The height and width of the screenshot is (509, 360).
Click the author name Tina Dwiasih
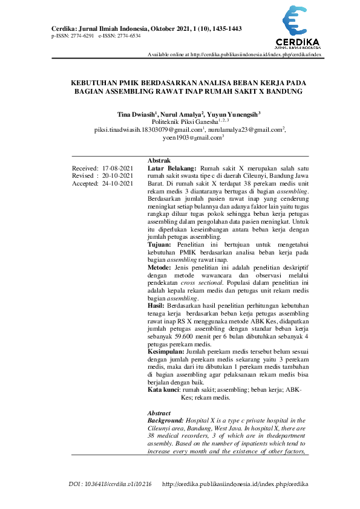136,114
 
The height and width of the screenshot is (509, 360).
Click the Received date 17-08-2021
118,168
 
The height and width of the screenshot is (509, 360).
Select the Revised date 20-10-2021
118,176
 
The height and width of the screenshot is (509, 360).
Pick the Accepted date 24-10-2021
118,184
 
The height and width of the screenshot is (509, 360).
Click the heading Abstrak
159,160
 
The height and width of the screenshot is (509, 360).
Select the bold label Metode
160,267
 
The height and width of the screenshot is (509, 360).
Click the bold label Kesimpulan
167,351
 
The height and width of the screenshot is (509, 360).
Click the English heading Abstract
160,413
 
